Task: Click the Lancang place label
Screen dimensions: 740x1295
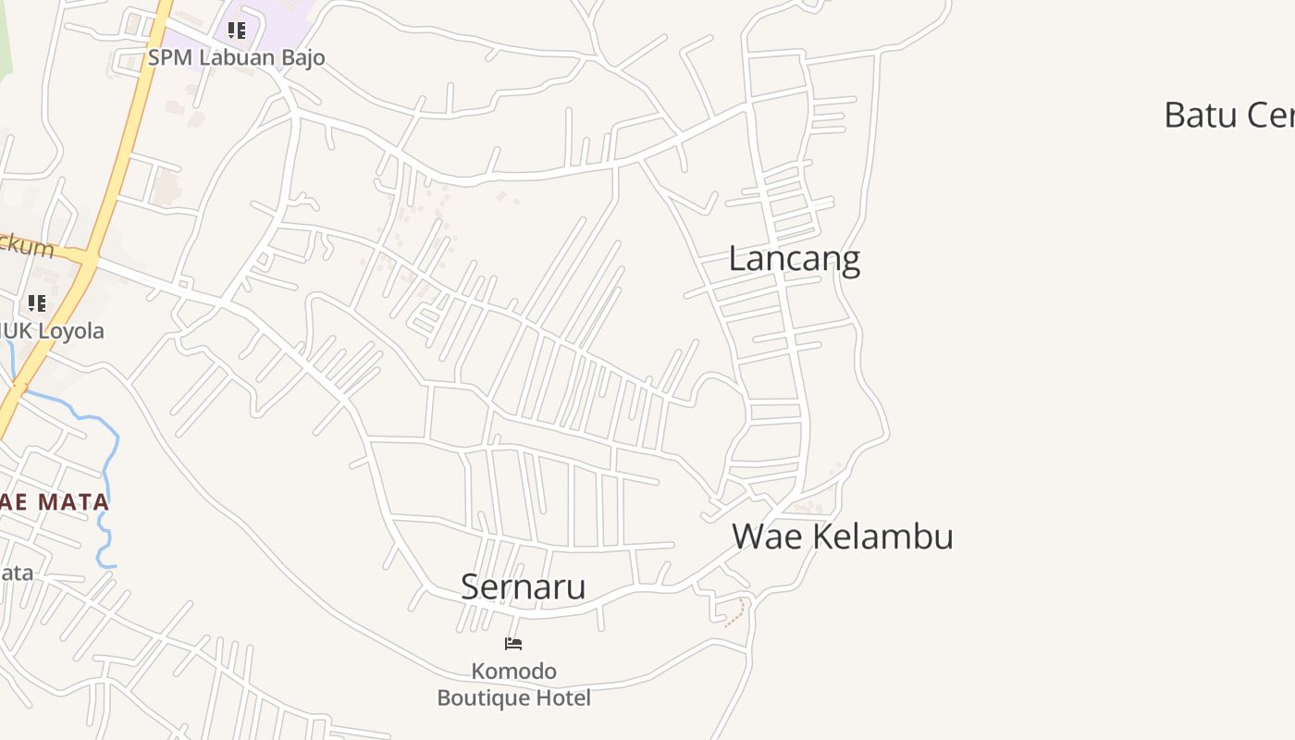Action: point(794,259)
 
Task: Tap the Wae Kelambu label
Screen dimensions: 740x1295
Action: point(842,536)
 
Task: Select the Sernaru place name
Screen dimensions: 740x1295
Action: point(523,586)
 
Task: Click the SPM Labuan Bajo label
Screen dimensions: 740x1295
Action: point(237,57)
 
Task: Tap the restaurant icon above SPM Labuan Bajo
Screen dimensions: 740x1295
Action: point(237,31)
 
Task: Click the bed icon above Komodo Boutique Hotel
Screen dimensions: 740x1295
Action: point(513,644)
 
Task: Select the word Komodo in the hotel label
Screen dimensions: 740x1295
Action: point(514,671)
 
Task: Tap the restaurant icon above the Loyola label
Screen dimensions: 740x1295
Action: point(36,303)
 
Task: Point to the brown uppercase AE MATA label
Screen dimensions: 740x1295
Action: point(55,503)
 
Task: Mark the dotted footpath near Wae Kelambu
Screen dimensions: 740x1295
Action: point(736,612)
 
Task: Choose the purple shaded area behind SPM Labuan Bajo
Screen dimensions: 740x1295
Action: point(277,23)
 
